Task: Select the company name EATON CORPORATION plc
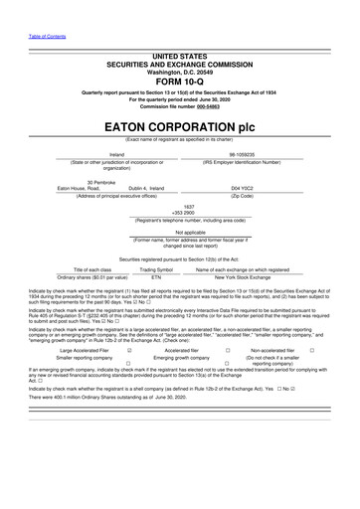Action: coord(180,128)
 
